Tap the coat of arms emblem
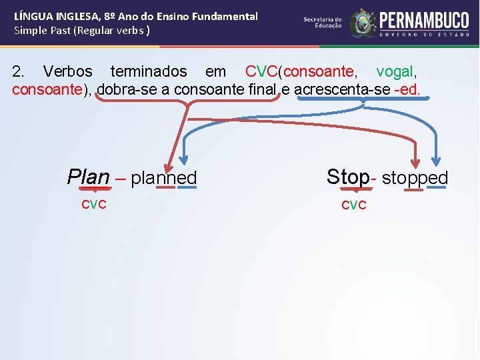(363, 23)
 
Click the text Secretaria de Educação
(323, 23)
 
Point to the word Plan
(88, 177)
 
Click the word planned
(164, 178)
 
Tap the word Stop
(347, 177)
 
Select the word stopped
(415, 178)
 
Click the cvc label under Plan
(94, 204)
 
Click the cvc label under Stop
(353, 205)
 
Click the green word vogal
(398, 71)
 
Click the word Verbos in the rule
(67, 71)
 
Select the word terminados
(149, 71)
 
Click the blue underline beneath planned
(187, 188)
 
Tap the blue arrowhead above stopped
(436, 161)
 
